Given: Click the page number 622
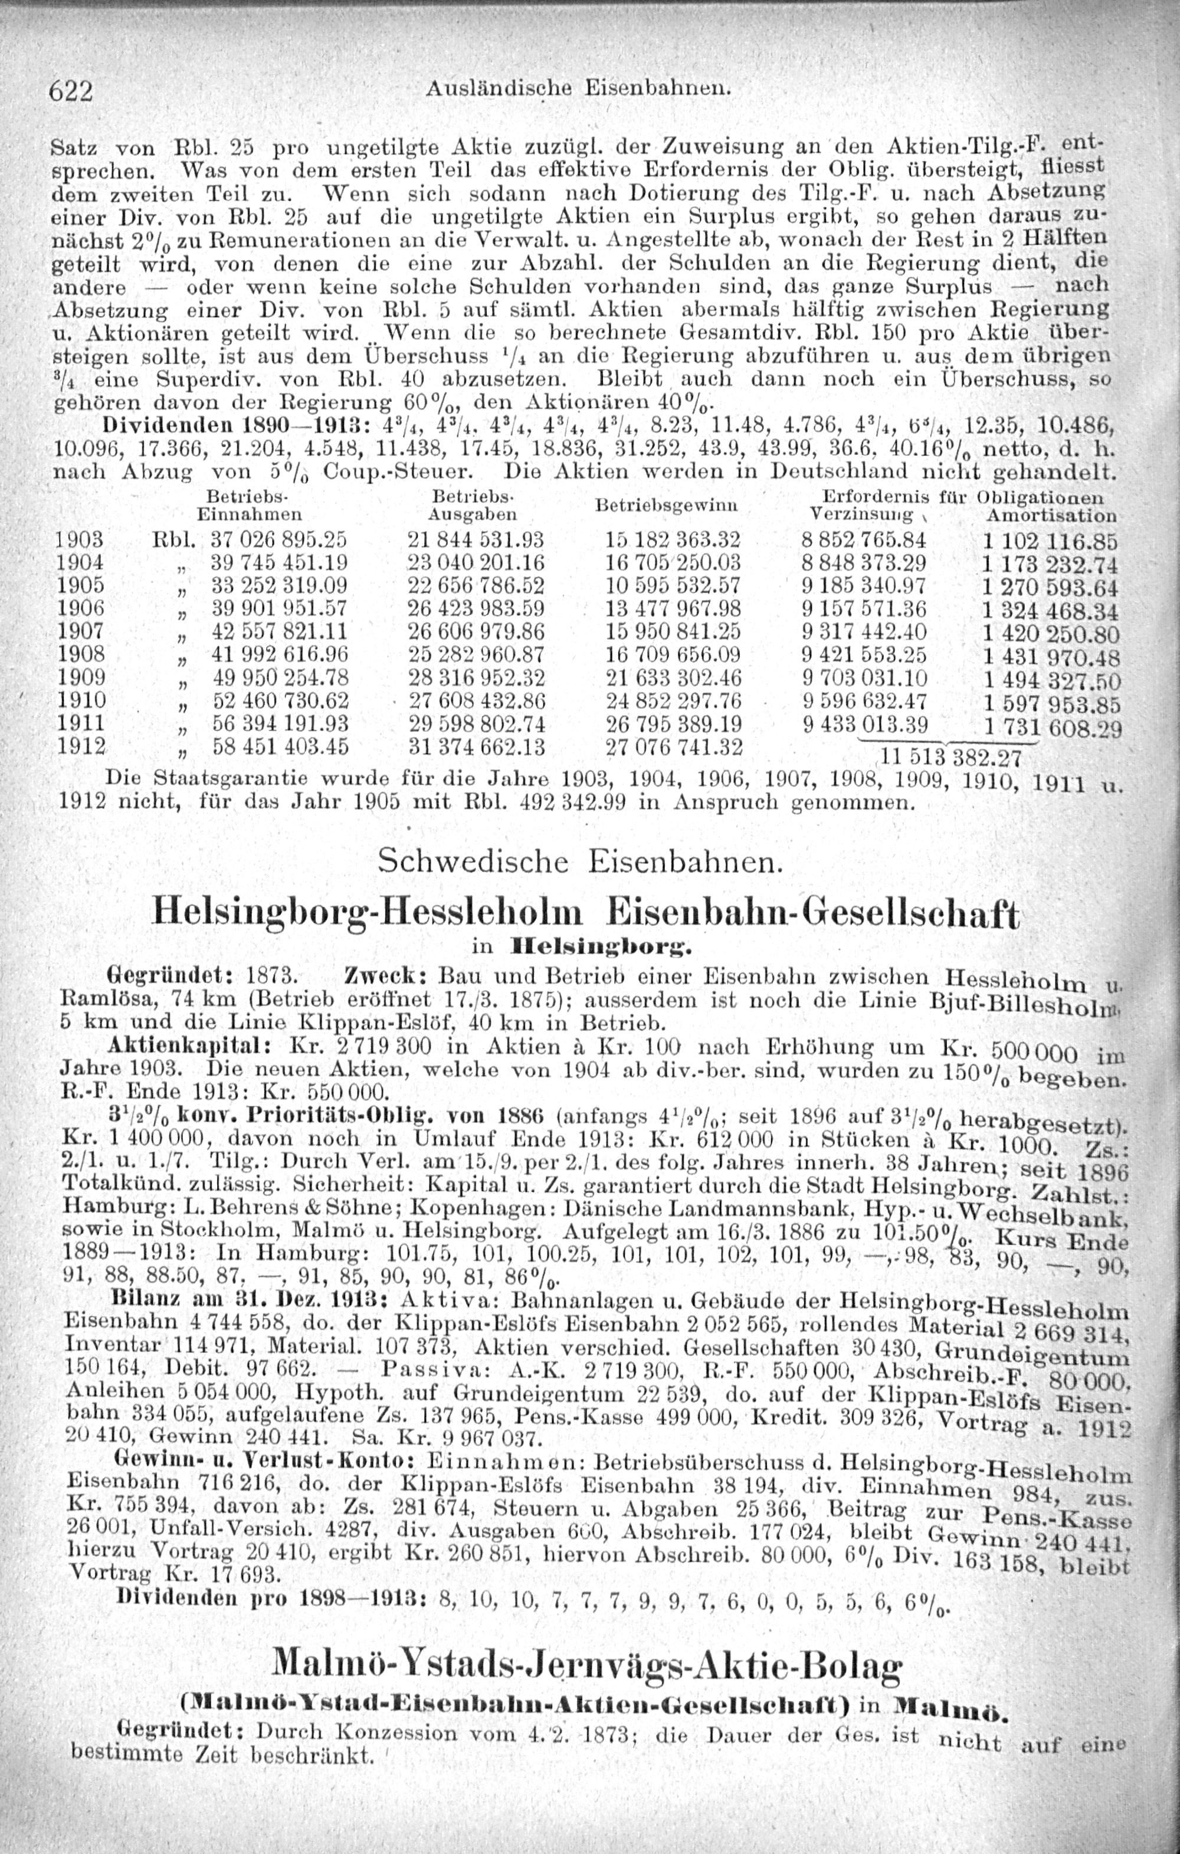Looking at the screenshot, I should coord(71,91).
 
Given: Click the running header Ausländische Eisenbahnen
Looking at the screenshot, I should coord(576,89).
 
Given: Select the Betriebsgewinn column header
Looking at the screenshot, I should coord(667,506).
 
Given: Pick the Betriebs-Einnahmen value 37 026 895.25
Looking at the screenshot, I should coord(280,538).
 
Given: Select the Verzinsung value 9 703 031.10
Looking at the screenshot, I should coord(864,679).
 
